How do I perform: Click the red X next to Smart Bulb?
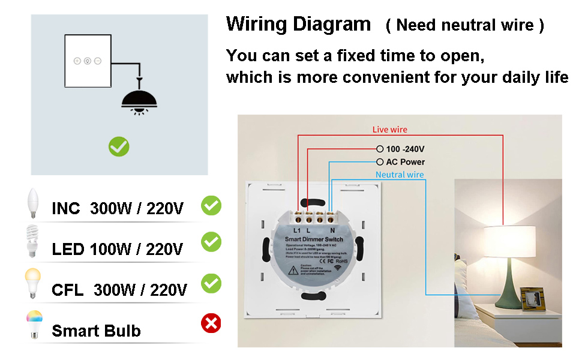(x=211, y=324)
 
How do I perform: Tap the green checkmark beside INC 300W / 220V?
(x=211, y=206)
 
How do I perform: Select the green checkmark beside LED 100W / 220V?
(x=211, y=242)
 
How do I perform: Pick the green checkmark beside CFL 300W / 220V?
(x=211, y=283)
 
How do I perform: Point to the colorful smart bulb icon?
(x=34, y=324)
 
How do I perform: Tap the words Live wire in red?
(x=389, y=130)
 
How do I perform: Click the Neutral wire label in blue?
(x=400, y=175)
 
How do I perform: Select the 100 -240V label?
(x=406, y=149)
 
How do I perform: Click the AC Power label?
(x=405, y=162)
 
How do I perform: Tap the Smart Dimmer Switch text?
(x=316, y=239)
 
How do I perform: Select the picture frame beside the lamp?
(x=532, y=299)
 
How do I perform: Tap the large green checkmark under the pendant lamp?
(x=119, y=146)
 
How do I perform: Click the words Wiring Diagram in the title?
(x=298, y=25)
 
